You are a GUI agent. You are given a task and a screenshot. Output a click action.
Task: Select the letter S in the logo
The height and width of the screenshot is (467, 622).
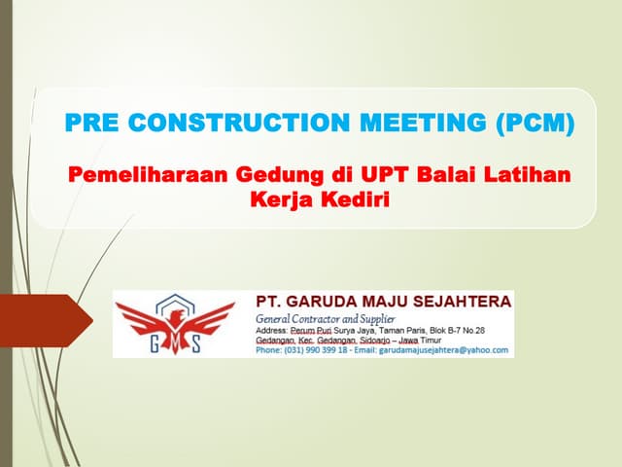(195, 345)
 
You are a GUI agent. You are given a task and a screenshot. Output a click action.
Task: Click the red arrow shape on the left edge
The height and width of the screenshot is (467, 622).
(49, 320)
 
